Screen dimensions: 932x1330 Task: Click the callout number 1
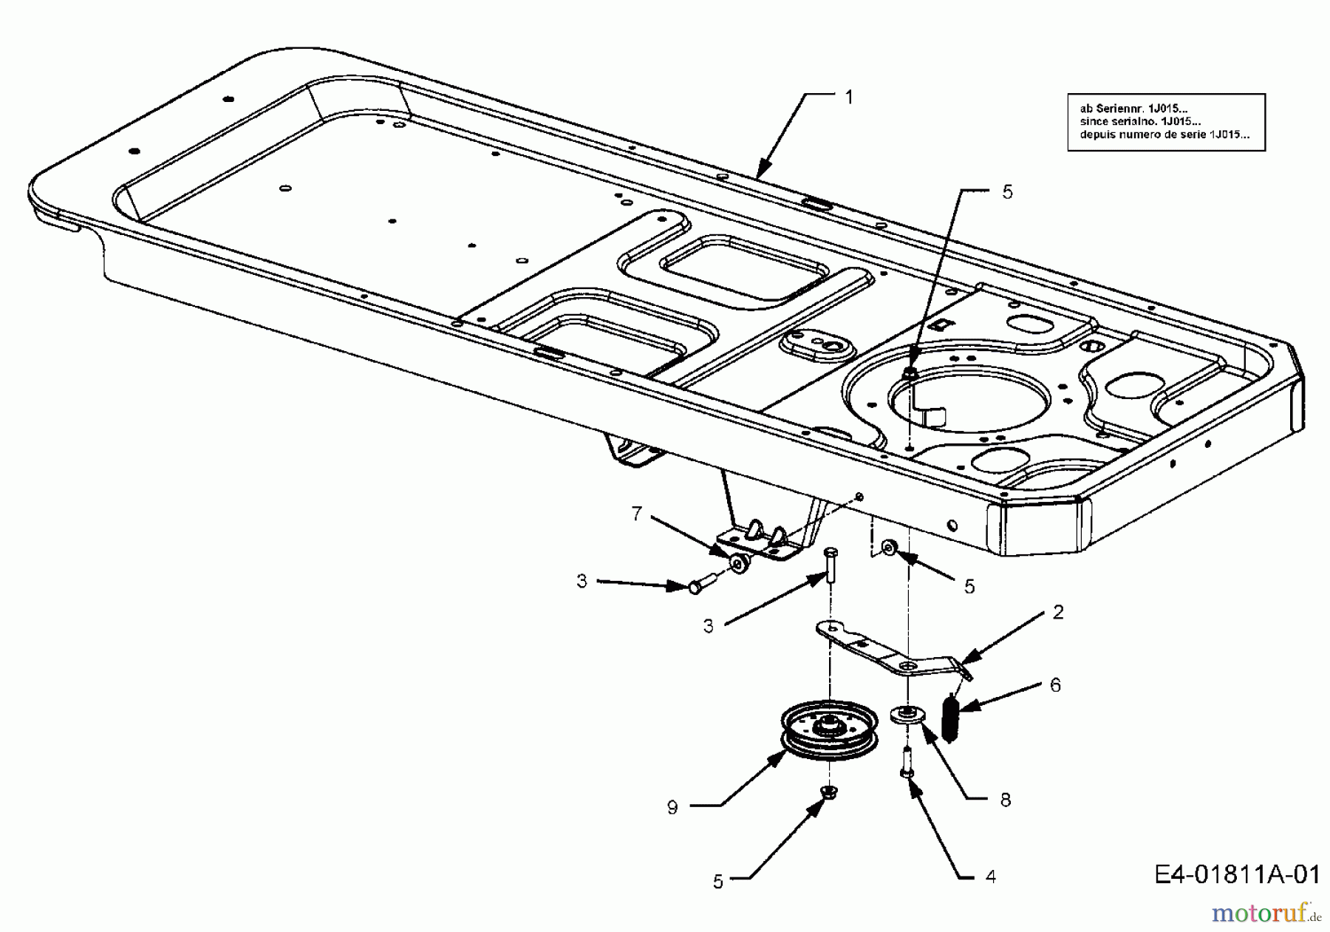tap(849, 98)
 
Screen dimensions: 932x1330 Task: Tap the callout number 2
tap(1058, 612)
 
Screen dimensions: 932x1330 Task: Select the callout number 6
tap(1055, 685)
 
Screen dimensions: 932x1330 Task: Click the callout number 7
tap(637, 514)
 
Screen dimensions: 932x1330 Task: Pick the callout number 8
tap(1005, 800)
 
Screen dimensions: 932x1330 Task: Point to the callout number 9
tap(672, 808)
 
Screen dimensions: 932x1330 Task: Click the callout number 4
tap(991, 877)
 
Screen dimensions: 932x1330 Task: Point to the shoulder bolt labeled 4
tap(907, 761)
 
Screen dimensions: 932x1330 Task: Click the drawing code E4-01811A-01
tap(1236, 875)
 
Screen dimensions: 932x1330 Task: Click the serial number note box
tap(1166, 122)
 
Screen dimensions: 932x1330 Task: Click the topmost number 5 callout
tap(1007, 192)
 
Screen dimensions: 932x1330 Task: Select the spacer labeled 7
tap(738, 565)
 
